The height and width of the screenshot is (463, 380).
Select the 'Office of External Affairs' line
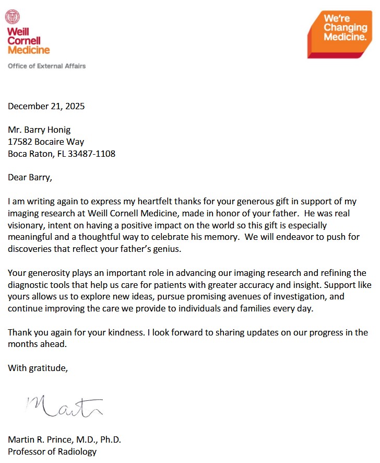tap(46, 66)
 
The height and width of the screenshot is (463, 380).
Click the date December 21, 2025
tap(46, 107)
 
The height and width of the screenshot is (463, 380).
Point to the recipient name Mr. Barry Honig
tap(39, 130)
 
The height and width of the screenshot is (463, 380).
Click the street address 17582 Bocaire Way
tap(46, 142)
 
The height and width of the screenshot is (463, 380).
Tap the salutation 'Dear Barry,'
tap(30, 177)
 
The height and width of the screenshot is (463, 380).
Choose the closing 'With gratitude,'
tap(38, 368)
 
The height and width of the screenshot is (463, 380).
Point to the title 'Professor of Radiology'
tap(52, 452)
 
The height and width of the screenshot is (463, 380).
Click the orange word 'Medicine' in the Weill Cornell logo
tap(29, 50)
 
